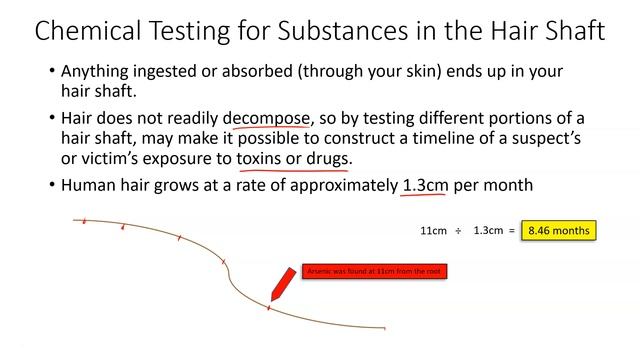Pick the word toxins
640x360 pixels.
[264, 160]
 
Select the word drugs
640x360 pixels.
[329, 160]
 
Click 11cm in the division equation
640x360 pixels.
[433, 231]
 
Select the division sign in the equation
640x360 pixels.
[458, 231]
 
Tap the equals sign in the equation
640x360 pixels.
[511, 231]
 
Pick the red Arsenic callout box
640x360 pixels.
[374, 271]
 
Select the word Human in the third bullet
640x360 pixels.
[89, 186]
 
